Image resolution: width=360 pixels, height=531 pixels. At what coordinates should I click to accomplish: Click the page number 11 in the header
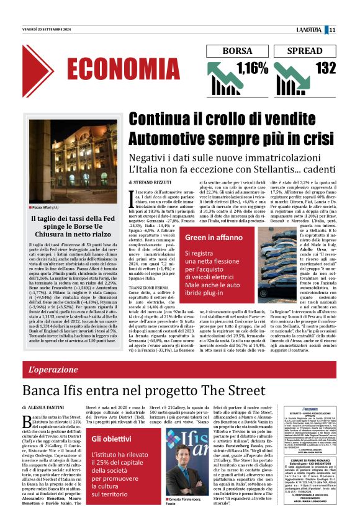coord(351,29)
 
